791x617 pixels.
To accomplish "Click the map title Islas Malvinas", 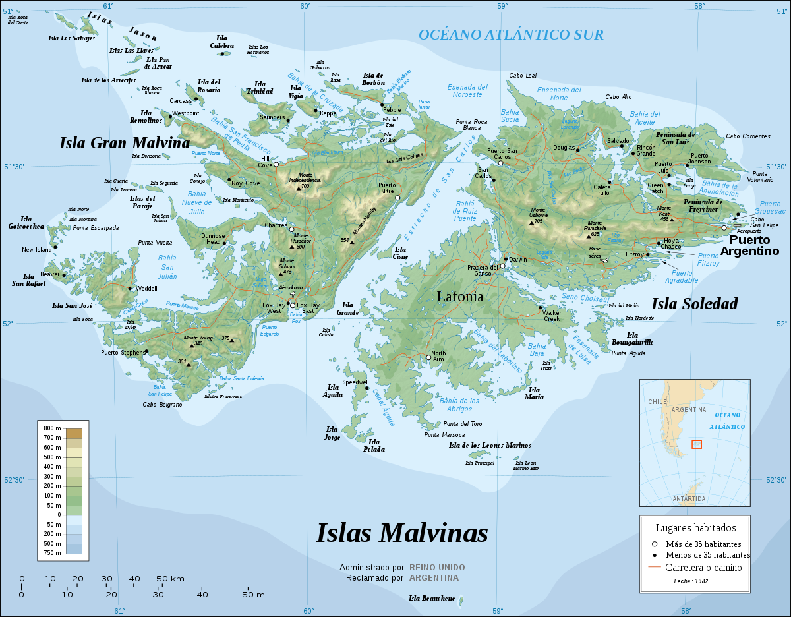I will click(402, 533).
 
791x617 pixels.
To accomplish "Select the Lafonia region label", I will click(459, 297).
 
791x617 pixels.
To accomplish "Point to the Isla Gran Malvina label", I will click(124, 143).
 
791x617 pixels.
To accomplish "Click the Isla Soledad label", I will click(694, 304).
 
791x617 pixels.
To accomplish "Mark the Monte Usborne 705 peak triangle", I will click(531, 223).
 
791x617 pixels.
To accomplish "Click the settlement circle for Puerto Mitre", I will click(397, 198).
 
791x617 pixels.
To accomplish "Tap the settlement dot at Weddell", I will click(130, 289).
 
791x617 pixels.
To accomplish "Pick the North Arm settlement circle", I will click(428, 358).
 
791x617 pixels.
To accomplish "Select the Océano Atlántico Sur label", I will click(511, 35).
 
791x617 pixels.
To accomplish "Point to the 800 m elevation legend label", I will click(52, 428).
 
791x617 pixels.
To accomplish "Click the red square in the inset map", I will click(697, 444).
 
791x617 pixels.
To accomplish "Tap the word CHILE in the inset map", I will click(657, 401).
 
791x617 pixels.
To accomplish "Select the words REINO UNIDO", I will click(436, 567).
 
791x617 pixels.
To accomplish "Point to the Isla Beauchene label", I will click(432, 598).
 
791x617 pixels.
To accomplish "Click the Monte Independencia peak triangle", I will click(299, 188).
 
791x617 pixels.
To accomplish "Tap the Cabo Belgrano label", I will click(161, 405).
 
